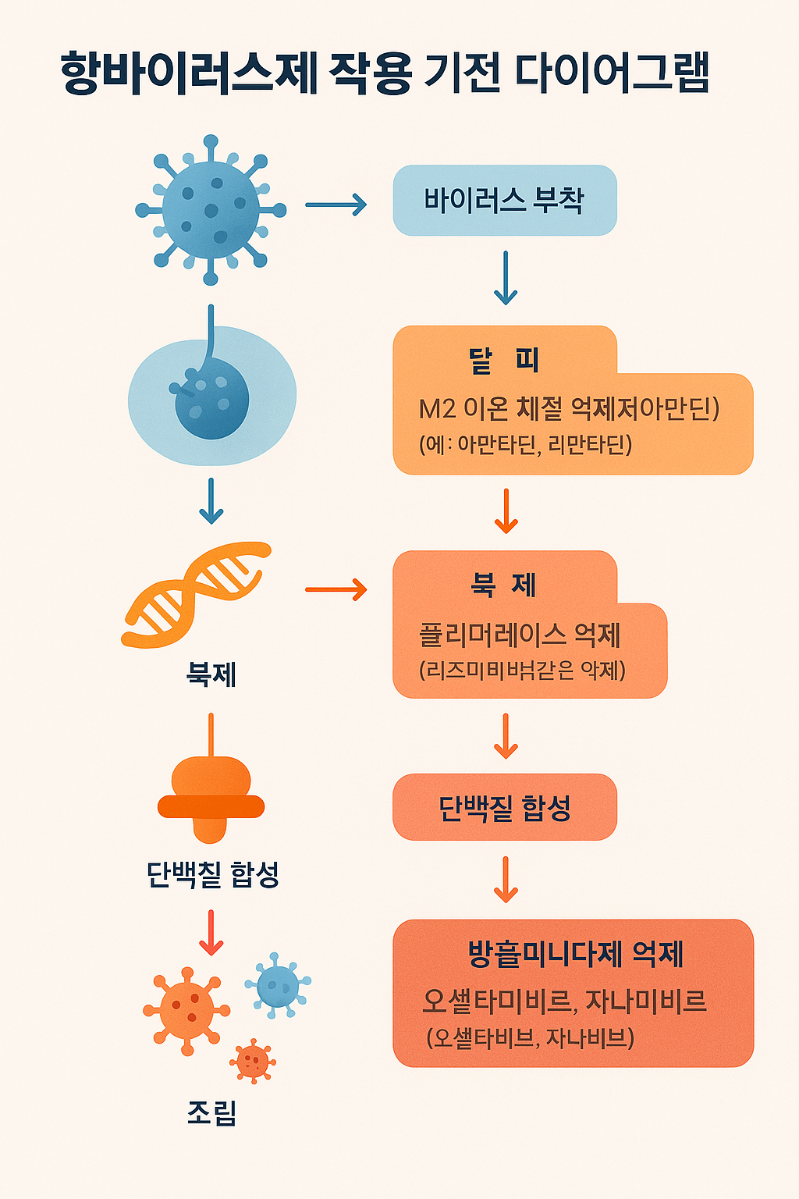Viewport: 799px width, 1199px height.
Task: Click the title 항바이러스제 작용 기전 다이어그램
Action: click(x=384, y=74)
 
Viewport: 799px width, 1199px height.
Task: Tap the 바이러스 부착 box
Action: click(x=504, y=201)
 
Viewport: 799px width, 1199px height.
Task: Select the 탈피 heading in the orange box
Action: click(x=504, y=361)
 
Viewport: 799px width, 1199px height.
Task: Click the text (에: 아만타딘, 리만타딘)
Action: click(x=525, y=445)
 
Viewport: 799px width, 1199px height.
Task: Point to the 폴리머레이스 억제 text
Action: click(x=520, y=635)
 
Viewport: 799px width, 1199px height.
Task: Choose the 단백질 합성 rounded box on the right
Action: click(x=504, y=807)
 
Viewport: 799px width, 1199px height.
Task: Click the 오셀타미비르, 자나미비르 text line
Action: click(x=564, y=1001)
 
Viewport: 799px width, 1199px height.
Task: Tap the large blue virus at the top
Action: click(x=211, y=210)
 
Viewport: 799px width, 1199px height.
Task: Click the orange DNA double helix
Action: click(x=197, y=594)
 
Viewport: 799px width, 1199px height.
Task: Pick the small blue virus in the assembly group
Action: click(x=277, y=986)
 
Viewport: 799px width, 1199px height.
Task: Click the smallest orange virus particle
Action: click(x=252, y=1062)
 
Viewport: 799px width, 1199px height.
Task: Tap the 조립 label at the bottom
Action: click(x=211, y=1113)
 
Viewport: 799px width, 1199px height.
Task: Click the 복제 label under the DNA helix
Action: click(x=211, y=673)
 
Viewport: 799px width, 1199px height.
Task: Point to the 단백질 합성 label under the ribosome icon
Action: click(x=212, y=874)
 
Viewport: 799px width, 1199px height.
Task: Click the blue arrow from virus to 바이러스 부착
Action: click(x=336, y=205)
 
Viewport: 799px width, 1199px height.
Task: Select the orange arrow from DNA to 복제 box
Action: click(x=336, y=589)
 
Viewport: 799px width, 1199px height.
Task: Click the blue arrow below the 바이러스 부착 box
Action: click(x=506, y=278)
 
